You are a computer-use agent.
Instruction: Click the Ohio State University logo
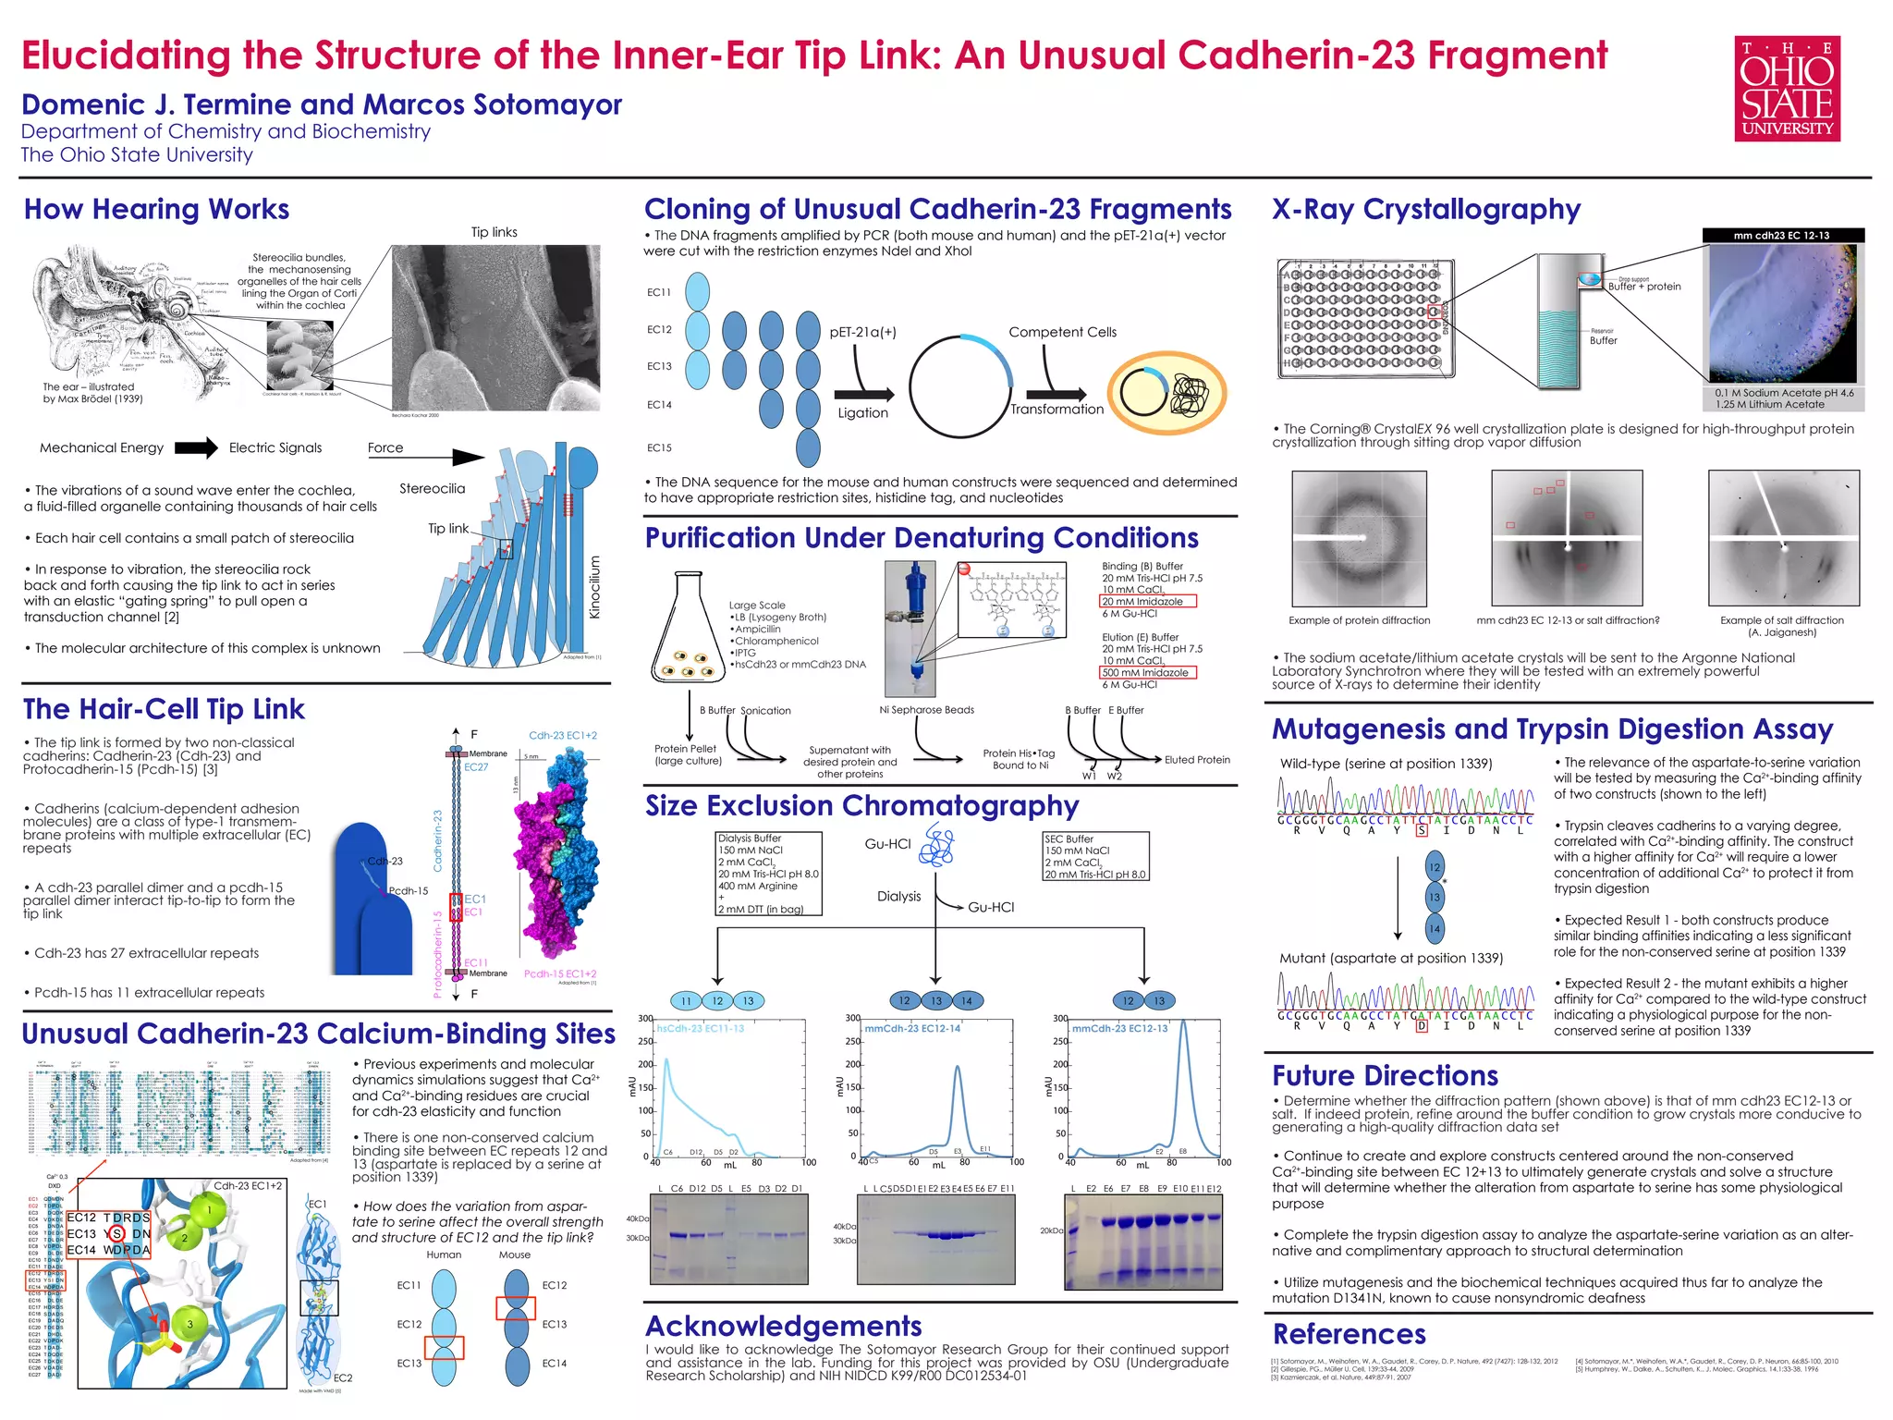[1787, 89]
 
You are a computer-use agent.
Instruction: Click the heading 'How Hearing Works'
[156, 209]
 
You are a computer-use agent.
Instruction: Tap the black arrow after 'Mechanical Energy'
[196, 448]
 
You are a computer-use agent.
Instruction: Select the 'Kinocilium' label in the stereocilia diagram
[595, 587]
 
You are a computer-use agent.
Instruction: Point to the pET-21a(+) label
[862, 332]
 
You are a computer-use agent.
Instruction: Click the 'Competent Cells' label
[1062, 332]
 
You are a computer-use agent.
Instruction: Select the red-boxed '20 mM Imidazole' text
[1147, 602]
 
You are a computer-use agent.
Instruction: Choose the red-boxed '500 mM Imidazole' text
[1147, 673]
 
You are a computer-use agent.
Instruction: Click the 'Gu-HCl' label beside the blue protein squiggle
[887, 844]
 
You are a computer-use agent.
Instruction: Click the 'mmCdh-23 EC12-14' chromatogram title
[912, 1028]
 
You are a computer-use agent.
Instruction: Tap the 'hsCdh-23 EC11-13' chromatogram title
[700, 1028]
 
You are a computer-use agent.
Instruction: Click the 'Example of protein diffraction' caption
[1359, 620]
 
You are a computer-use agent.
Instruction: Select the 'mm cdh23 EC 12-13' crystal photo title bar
[1782, 236]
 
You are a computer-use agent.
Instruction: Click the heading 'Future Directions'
[1385, 1075]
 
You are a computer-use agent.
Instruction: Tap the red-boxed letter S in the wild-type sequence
[1422, 830]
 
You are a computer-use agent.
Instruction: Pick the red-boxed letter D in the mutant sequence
[1422, 1026]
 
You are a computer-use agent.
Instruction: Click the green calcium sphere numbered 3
[189, 1324]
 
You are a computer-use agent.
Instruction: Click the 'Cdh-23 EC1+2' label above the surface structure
[562, 736]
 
